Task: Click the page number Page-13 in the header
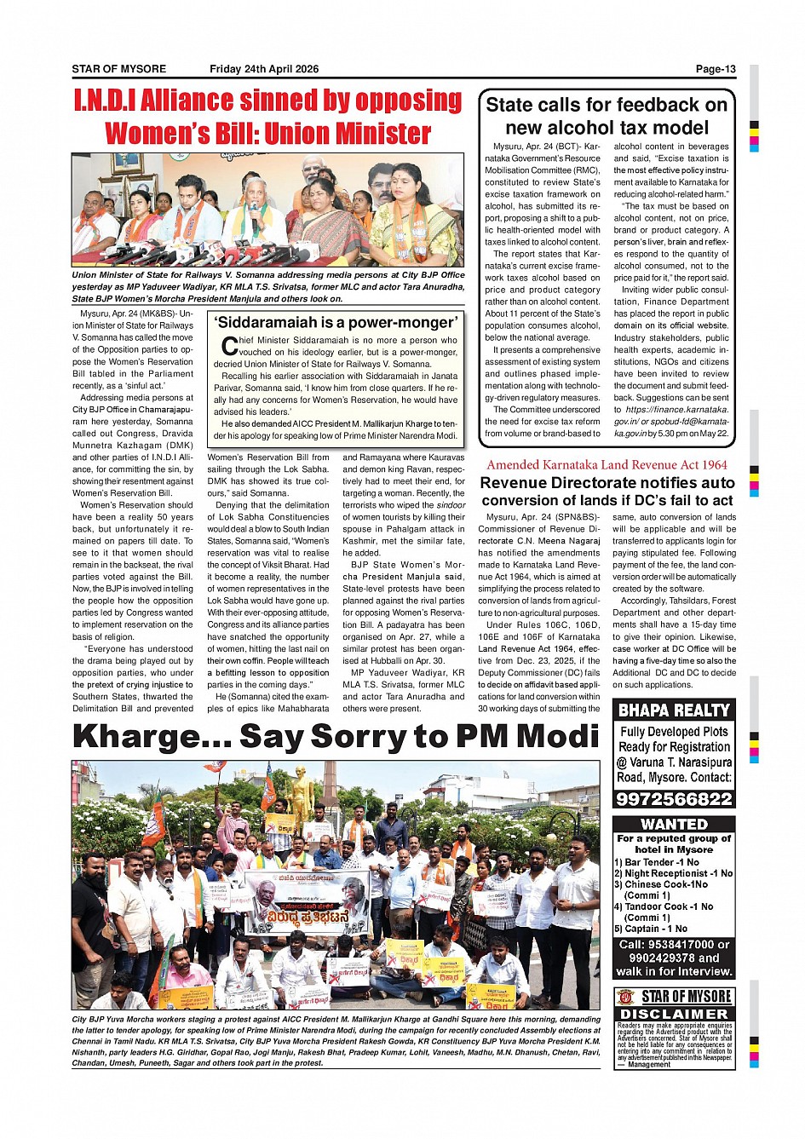[x=715, y=69]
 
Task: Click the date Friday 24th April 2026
[x=264, y=69]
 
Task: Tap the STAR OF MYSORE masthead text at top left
[x=118, y=69]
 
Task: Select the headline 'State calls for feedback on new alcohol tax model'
[x=607, y=116]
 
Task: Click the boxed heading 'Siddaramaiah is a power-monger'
[x=337, y=322]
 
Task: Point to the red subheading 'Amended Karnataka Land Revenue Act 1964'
[x=607, y=464]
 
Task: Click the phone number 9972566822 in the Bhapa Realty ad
[x=674, y=799]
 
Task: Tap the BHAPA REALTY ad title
[x=674, y=710]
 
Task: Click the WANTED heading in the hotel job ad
[x=674, y=824]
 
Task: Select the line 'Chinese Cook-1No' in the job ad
[x=665, y=884]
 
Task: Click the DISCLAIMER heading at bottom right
[x=674, y=1014]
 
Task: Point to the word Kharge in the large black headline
[x=150, y=735]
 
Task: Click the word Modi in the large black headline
[x=557, y=735]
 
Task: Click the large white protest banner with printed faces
[x=307, y=902]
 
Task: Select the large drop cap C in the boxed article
[x=228, y=346]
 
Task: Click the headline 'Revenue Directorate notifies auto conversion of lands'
[x=607, y=492]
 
